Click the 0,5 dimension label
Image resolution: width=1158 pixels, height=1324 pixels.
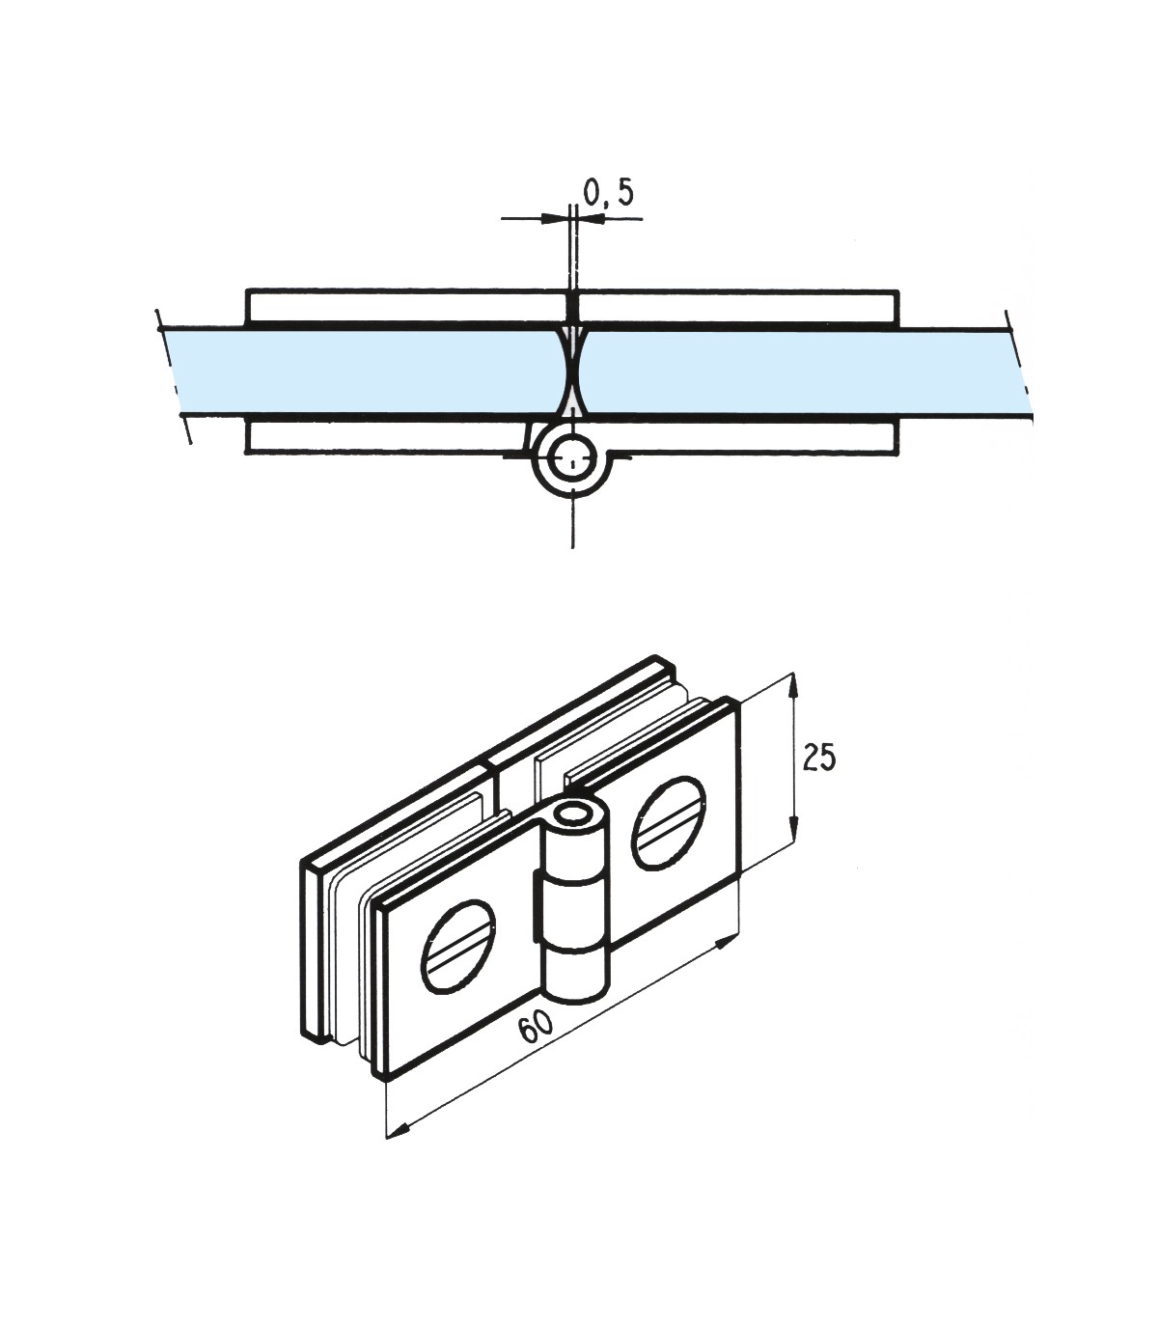point(609,193)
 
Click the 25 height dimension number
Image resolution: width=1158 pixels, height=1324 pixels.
point(819,758)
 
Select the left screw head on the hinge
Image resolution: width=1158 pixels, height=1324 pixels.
point(456,946)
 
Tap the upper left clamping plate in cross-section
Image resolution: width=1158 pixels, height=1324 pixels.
point(405,306)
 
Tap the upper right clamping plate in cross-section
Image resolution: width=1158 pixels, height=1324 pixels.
point(738,306)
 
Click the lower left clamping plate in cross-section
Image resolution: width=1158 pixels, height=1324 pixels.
point(386,436)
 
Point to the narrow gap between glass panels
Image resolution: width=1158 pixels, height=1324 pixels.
point(574,372)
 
